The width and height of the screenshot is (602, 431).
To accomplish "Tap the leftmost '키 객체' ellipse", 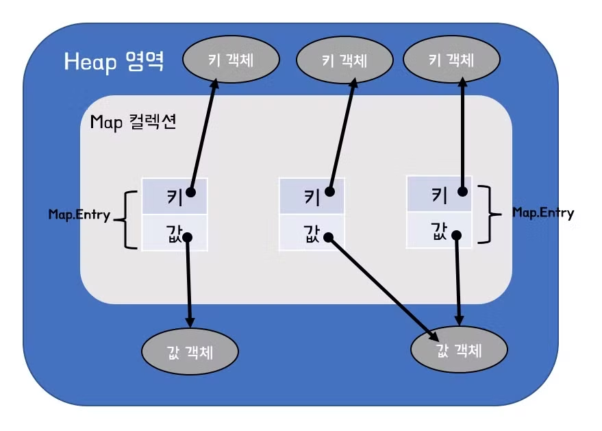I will tap(231, 60).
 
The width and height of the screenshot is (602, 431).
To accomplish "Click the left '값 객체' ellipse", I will tap(190, 353).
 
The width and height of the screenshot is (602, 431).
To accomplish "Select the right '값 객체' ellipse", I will tap(459, 352).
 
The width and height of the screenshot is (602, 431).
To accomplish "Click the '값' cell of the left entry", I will tap(174, 233).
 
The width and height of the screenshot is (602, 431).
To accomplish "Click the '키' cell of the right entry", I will tap(439, 195).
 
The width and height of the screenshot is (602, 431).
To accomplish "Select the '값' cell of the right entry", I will tap(439, 230).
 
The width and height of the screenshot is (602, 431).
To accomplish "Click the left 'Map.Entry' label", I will tap(79, 215).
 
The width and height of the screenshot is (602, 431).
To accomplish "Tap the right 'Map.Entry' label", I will tap(543, 212).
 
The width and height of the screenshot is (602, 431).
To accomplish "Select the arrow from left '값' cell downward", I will tap(188, 281).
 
